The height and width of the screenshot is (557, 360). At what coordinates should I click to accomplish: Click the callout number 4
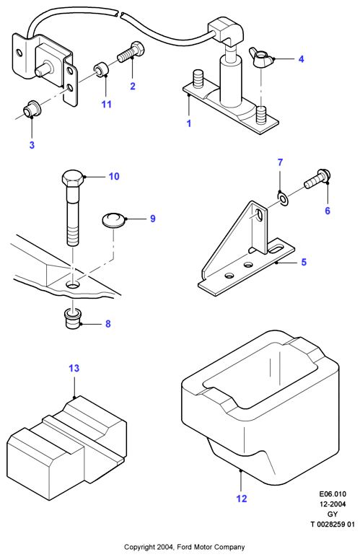click(x=301, y=59)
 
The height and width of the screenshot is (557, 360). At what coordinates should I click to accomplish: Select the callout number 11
click(x=106, y=104)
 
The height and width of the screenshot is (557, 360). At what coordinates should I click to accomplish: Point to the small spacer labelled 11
click(x=101, y=69)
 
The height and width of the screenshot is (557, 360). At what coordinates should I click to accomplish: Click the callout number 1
click(x=189, y=123)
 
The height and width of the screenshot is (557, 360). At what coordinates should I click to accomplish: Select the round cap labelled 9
click(x=113, y=219)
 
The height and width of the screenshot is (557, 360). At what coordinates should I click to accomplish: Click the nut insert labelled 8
click(x=72, y=319)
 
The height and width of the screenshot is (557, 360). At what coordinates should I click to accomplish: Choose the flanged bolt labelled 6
click(x=317, y=180)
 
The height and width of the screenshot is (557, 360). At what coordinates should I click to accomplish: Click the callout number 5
click(x=304, y=262)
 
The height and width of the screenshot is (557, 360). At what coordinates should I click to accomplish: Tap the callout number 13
click(x=74, y=368)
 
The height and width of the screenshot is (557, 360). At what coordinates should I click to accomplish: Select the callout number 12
click(x=242, y=499)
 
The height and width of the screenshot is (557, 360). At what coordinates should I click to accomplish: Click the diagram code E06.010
click(x=333, y=494)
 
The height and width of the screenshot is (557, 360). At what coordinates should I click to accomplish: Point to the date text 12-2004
click(x=333, y=504)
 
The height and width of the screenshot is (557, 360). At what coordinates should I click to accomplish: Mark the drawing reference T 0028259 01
click(x=333, y=524)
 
